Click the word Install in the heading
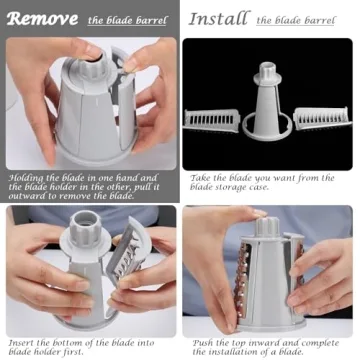click(218, 18)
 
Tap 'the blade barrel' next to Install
click(298, 20)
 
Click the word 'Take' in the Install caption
click(199, 178)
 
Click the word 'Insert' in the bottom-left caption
click(21, 342)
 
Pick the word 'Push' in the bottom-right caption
click(200, 342)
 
